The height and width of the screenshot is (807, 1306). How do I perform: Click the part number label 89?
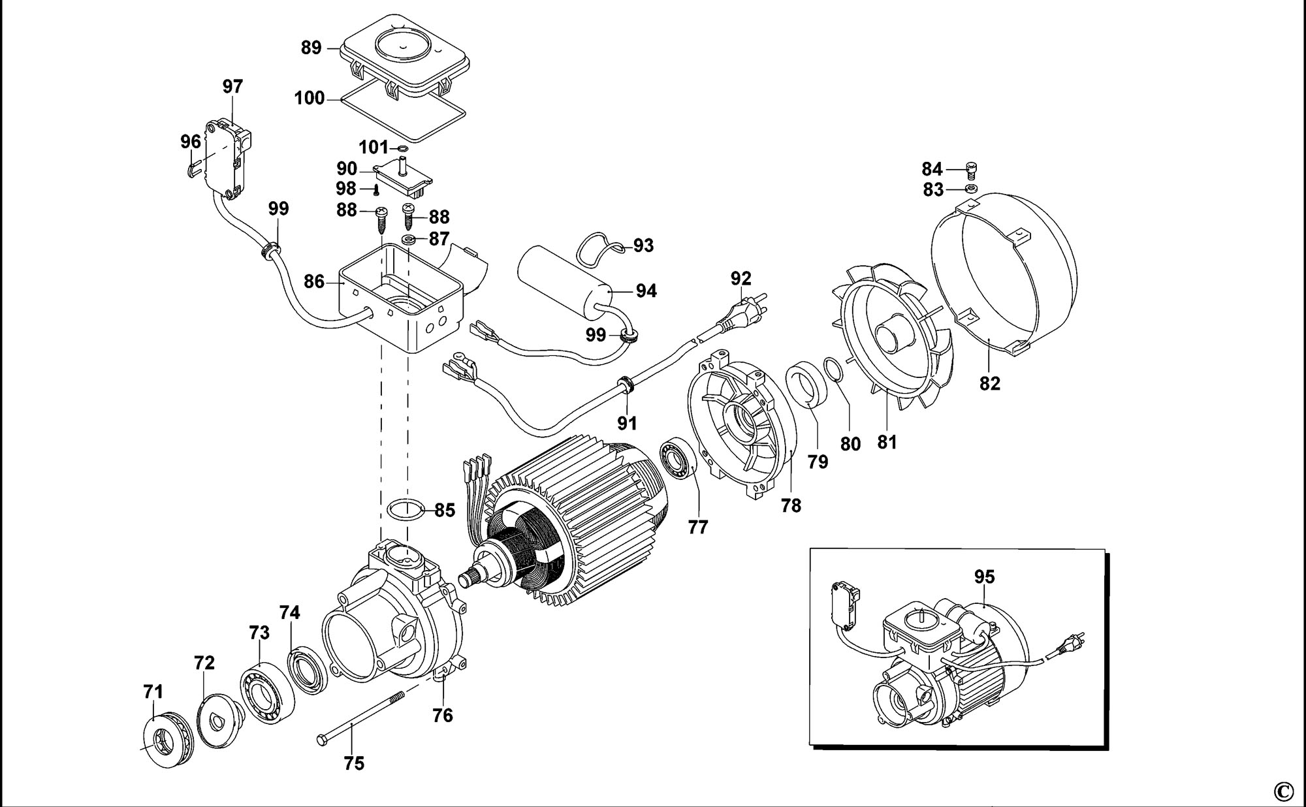[311, 48]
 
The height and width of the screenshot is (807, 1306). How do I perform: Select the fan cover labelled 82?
[1002, 274]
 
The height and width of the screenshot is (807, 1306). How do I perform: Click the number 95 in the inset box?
[984, 577]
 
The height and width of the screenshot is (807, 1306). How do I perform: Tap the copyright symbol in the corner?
[1283, 791]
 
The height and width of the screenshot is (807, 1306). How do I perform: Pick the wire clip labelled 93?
[600, 249]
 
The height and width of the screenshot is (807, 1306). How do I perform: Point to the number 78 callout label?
[791, 505]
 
